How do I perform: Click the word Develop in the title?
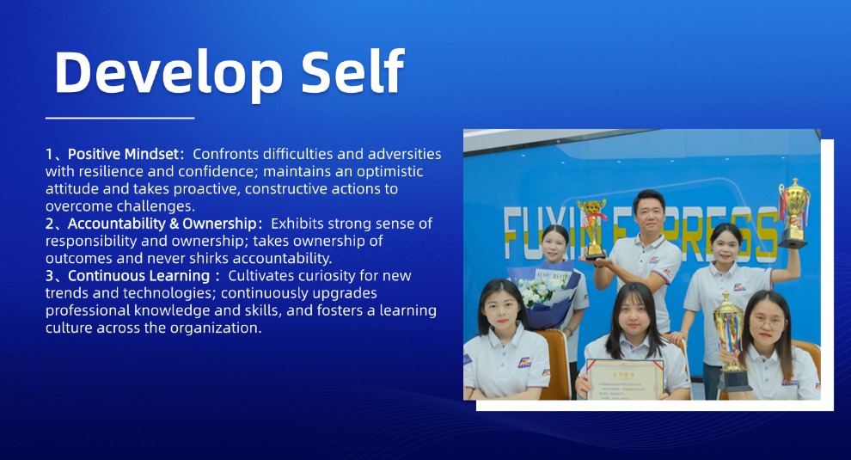tap(168, 73)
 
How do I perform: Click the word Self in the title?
tap(352, 71)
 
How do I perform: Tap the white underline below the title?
tap(120, 117)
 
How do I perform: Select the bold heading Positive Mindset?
tap(123, 154)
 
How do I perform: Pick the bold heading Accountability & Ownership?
tap(162, 224)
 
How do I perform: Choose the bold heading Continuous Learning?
tap(138, 276)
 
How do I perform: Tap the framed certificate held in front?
tap(625, 379)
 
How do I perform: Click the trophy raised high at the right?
tap(793, 213)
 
